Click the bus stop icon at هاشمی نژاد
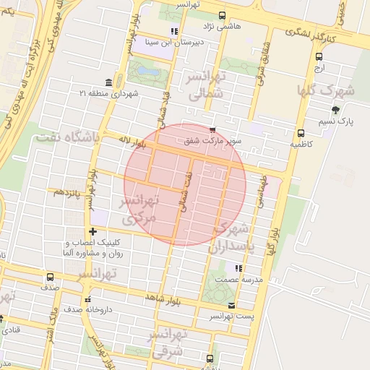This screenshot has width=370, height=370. tap(221, 15)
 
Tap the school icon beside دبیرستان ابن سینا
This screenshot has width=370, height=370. tap(174, 31)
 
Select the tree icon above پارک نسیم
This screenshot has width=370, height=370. tap(335, 110)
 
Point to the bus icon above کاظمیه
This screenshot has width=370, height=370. tap(301, 133)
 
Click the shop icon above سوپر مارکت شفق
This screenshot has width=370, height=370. tap(212, 129)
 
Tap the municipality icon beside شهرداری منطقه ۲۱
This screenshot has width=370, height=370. tap(108, 82)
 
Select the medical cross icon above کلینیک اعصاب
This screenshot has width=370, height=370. tap(92, 231)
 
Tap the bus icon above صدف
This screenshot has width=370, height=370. tap(50, 277)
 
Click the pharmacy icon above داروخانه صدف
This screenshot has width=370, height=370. tap(87, 299)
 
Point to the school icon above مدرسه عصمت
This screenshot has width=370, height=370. tap(238, 268)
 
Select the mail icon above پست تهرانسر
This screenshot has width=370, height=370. tap(231, 306)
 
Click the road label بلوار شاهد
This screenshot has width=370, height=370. tap(165, 297)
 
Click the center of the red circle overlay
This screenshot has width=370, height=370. tap(185, 184)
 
